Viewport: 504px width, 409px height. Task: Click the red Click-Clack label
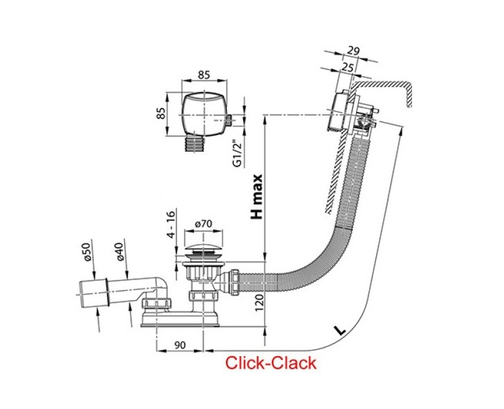point(271,362)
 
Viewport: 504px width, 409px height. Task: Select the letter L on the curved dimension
point(340,329)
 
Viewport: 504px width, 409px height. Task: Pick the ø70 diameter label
point(203,224)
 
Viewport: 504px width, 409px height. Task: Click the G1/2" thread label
point(237,153)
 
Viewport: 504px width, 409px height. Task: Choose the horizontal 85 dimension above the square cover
point(203,74)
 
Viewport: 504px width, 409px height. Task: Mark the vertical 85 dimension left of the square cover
point(161,114)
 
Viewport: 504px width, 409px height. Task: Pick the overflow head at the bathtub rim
point(345,113)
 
